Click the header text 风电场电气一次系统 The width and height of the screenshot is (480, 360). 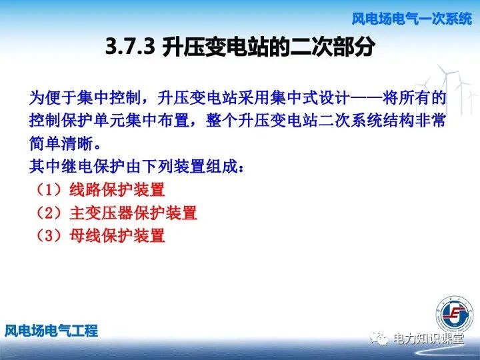(411, 19)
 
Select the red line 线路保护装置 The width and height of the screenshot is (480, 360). (117, 189)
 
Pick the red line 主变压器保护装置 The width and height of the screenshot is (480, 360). (133, 213)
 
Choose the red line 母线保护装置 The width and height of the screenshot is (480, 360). (117, 235)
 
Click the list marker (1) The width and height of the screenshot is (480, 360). (48, 189)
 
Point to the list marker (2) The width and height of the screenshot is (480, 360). (48, 213)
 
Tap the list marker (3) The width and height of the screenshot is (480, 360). (48, 235)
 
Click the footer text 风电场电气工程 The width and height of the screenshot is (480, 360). (51, 331)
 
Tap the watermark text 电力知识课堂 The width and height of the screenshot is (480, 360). (428, 339)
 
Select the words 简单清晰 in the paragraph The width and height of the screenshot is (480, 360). (61, 144)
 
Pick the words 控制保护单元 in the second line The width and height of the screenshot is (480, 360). (77, 121)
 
